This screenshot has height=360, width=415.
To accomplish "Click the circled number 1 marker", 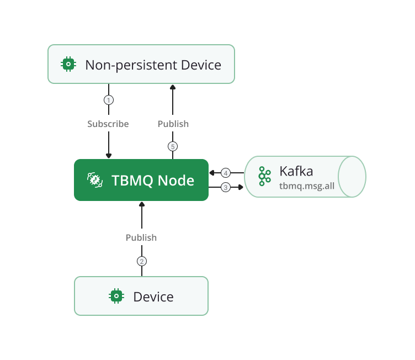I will click(x=109, y=100).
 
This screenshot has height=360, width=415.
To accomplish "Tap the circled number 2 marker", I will click(x=142, y=261).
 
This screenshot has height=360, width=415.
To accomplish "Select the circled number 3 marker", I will click(x=225, y=187).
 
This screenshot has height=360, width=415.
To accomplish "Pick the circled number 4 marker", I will click(x=225, y=173).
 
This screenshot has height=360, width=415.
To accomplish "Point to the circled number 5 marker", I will click(x=173, y=146).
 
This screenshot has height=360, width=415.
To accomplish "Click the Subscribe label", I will click(x=108, y=124).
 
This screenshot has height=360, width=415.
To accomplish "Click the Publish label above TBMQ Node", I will click(x=173, y=124).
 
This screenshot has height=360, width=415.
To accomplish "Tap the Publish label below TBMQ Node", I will click(x=141, y=237).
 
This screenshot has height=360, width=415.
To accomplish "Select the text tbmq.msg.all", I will click(x=307, y=186).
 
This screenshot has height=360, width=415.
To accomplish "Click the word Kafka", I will click(x=296, y=171).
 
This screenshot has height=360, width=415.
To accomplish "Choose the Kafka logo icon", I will click(x=265, y=177).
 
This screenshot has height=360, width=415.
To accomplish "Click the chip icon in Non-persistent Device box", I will click(x=68, y=65).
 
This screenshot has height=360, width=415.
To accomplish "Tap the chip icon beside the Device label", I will click(x=116, y=297).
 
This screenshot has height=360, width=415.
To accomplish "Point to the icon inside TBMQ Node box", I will click(x=94, y=180).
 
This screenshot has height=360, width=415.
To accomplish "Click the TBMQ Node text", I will click(x=153, y=180).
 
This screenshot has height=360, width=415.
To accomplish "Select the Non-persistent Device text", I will click(x=153, y=65).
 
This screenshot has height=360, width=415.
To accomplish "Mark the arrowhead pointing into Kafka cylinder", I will click(x=241, y=187).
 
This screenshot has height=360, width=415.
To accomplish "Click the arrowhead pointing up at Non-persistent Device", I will click(x=173, y=87).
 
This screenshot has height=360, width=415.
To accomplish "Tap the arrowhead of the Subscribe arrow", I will click(x=109, y=156).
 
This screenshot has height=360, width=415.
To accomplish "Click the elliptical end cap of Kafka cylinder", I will click(x=352, y=177).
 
